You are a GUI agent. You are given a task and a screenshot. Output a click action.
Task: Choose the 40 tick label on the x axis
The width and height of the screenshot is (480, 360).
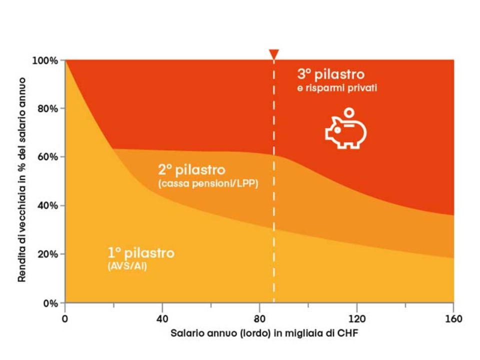162,318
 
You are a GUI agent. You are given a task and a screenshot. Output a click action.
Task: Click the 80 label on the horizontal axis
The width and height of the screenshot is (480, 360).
259,318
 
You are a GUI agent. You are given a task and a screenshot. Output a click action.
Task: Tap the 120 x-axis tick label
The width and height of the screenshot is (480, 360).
356,318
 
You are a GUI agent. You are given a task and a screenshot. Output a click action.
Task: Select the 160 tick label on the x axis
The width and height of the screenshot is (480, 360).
453,318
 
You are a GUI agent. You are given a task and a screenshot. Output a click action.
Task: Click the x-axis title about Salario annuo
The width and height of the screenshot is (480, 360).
259,333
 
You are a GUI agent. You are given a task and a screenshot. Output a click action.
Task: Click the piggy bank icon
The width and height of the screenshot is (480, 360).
345,132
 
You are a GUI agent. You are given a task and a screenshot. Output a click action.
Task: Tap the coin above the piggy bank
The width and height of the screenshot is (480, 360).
350,112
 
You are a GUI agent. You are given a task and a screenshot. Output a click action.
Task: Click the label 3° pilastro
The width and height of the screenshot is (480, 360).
331,74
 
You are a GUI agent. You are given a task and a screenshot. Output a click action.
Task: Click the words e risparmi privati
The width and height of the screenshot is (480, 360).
337,88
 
